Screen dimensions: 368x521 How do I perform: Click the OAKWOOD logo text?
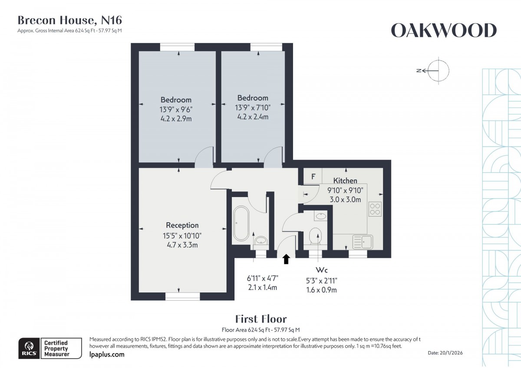point(444,31)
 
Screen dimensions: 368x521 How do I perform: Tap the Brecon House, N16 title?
point(69,20)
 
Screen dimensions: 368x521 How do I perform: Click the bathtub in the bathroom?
point(240,223)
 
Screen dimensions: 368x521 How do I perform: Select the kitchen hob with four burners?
point(375,209)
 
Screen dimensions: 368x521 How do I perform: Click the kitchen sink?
point(362,240)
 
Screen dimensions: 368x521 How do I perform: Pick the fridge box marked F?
point(313,177)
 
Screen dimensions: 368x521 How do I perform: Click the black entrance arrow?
point(286,260)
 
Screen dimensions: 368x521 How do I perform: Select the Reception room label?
point(182,225)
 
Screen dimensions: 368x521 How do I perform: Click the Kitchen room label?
point(345,181)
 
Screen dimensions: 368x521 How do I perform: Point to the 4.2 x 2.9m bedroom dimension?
point(176,118)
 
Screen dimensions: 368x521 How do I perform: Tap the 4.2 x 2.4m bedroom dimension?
point(253,117)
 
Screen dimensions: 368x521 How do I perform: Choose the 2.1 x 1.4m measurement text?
point(262,287)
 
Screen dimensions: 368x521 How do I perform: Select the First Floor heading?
point(260,319)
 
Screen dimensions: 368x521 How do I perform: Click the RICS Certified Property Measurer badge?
point(49,348)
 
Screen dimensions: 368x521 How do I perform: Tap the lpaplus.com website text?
point(107,355)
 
